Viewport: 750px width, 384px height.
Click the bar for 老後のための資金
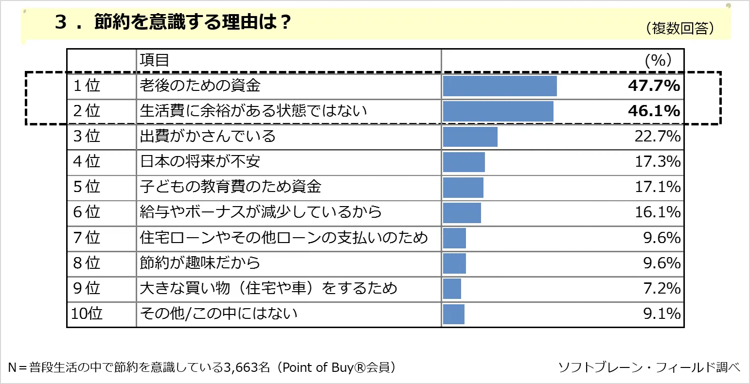(x=500, y=86)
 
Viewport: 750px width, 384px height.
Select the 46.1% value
(x=653, y=111)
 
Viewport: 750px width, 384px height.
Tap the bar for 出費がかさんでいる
(x=470, y=137)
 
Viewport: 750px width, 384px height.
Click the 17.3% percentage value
(x=657, y=162)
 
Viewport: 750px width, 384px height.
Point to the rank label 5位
(x=86, y=187)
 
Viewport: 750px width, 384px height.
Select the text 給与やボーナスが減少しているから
(x=261, y=212)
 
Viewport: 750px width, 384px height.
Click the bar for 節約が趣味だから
(x=454, y=263)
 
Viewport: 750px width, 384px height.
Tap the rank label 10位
(x=87, y=314)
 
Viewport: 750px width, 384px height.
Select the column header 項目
(x=154, y=60)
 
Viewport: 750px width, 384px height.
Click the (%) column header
(x=658, y=60)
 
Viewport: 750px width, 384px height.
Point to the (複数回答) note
(x=680, y=29)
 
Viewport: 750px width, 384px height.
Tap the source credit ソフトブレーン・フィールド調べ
(x=649, y=367)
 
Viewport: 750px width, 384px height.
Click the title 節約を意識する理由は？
(x=193, y=22)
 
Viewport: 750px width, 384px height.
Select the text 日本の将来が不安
(x=200, y=162)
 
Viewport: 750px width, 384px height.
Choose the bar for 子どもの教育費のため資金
(x=463, y=187)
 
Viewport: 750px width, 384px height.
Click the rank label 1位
(x=86, y=86)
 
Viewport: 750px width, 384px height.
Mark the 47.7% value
(x=653, y=86)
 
